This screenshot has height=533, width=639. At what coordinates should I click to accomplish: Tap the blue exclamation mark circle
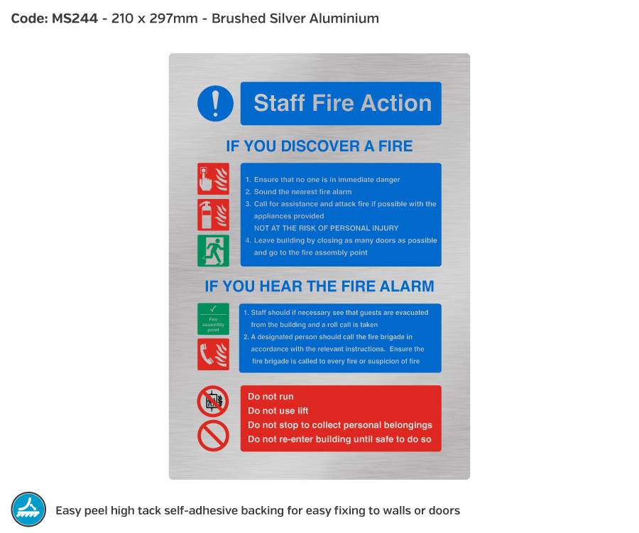coord(215,104)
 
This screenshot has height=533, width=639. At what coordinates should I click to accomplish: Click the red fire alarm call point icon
coord(213,178)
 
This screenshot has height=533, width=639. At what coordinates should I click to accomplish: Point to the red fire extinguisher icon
coord(213,215)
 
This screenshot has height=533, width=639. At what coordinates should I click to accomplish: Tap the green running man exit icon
coord(213,251)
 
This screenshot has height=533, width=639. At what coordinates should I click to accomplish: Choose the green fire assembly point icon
coord(213,319)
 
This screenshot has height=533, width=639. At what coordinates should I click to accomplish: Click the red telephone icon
coord(213,354)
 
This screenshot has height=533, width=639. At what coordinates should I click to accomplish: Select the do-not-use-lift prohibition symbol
coord(213,402)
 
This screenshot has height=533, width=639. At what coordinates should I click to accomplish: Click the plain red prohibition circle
coord(213,436)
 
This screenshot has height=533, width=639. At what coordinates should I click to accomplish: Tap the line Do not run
coord(271,397)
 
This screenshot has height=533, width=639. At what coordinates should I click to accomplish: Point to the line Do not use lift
coord(278,411)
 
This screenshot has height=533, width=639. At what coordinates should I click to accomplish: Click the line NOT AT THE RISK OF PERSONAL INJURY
coord(326,228)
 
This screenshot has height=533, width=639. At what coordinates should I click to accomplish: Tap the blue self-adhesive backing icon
coord(28,510)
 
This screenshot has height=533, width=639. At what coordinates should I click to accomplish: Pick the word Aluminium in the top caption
coord(344,18)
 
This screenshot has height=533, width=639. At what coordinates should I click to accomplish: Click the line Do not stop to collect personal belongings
coord(340,425)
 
